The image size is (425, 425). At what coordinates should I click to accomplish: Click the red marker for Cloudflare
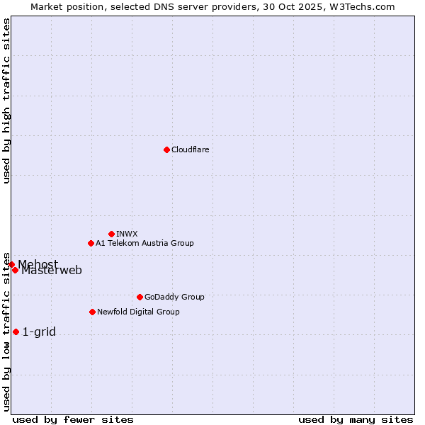pos(166,149)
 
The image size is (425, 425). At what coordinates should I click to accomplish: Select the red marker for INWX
pos(111,234)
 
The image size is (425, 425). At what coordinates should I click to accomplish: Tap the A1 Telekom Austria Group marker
pos(91,243)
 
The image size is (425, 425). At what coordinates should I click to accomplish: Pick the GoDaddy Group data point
pos(140,297)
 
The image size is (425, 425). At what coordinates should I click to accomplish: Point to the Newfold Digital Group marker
pos(92,312)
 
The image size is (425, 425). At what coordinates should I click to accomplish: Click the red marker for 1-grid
pos(16,331)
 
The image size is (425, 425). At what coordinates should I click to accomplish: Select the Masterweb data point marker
pos(15,270)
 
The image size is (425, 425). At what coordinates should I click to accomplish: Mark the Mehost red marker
pos(11,264)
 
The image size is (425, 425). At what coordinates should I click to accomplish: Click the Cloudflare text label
pos(190,149)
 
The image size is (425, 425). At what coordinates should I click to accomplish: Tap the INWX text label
pos(127,234)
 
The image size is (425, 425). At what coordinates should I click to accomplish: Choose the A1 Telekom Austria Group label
pos(144,243)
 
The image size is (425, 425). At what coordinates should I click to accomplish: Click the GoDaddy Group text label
pos(174,297)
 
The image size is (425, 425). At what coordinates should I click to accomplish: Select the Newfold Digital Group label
pos(138,312)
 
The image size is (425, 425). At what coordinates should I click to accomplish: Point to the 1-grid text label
pos(39,331)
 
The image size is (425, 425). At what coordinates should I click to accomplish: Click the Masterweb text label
pos(52,271)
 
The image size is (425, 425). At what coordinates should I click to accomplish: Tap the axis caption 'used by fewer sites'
pos(73,419)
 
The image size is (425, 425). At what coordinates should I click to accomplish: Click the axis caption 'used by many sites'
pos(356,419)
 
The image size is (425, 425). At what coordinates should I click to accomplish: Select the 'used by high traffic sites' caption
pos(7,101)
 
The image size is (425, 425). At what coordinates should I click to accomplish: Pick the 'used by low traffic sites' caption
pos(7,331)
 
